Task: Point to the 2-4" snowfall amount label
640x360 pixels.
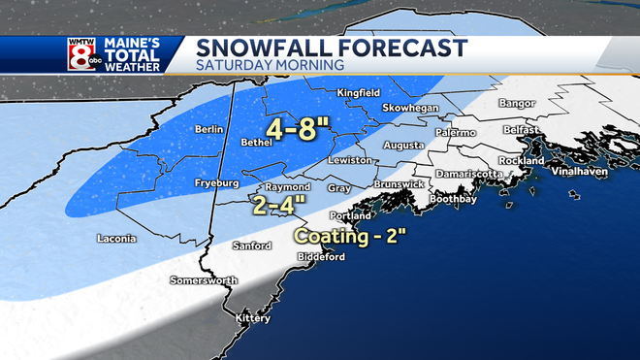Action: click(x=278, y=204)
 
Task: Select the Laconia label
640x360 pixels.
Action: click(x=117, y=238)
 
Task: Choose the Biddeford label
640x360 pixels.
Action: click(x=322, y=257)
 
